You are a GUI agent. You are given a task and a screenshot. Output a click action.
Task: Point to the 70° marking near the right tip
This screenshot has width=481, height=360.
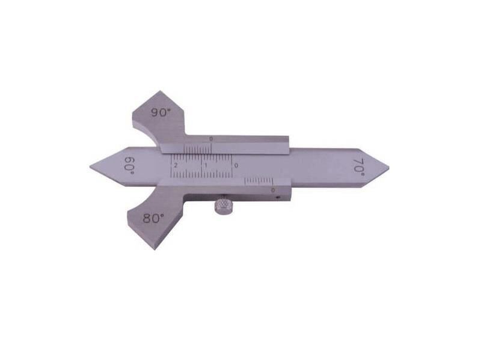[359, 165]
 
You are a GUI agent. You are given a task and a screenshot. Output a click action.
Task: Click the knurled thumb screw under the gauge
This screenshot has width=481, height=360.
[223, 204]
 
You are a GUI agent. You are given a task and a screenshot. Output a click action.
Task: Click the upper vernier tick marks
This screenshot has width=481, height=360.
[198, 148]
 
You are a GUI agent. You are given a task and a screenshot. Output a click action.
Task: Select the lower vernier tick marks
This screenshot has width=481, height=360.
[259, 180]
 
